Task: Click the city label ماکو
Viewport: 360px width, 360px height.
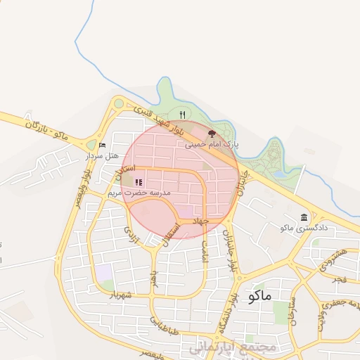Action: (x=259, y=296)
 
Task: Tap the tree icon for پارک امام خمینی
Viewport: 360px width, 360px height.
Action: (x=212, y=132)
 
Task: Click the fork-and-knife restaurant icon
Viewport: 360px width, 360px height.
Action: (x=182, y=115)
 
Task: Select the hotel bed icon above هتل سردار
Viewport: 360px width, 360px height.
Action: (x=103, y=146)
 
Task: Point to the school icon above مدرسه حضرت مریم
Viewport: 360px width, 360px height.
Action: (x=138, y=181)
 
